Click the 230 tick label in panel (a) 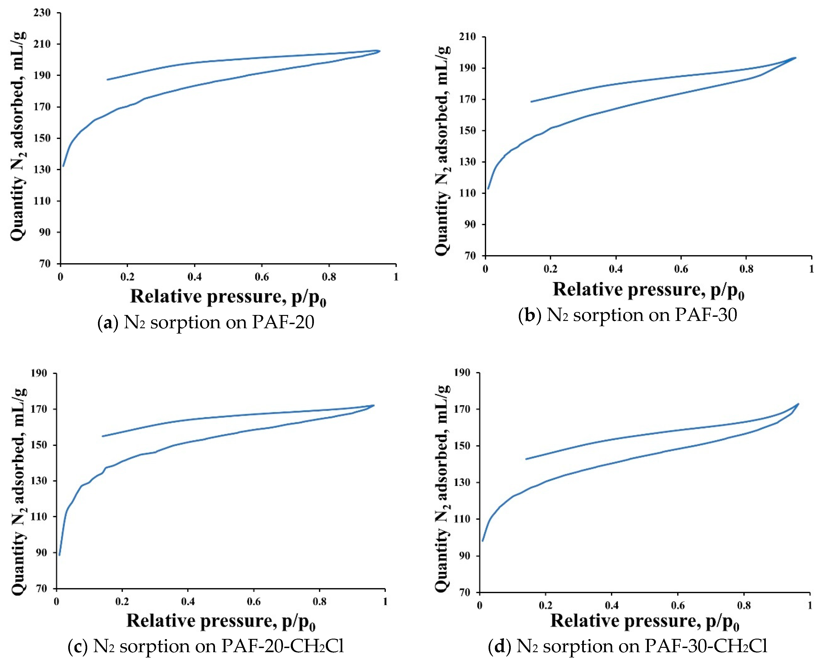click(x=42, y=13)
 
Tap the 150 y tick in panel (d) click(x=462, y=446)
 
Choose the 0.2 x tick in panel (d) click(x=545, y=605)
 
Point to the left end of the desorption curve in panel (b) click(x=531, y=101)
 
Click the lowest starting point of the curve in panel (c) click(x=59, y=554)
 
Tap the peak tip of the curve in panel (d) click(x=798, y=404)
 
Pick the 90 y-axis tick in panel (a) click(x=44, y=232)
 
